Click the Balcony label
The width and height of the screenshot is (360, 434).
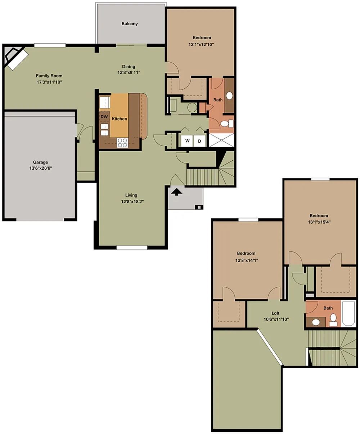pyautogui.click(x=130, y=24)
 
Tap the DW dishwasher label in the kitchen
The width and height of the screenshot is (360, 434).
pyautogui.click(x=104, y=117)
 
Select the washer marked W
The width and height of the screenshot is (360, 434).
pyautogui.click(x=187, y=141)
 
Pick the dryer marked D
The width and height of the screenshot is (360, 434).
pyautogui.click(x=200, y=141)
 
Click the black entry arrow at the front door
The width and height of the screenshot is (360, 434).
pyautogui.click(x=176, y=192)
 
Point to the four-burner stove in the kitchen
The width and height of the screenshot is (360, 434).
pyautogui.click(x=122, y=143)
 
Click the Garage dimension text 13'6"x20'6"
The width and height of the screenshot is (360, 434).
pyautogui.click(x=41, y=168)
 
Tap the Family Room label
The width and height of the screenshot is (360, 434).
pyautogui.click(x=49, y=76)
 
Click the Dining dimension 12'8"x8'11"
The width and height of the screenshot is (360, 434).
pyautogui.click(x=129, y=72)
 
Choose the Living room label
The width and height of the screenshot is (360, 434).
pyautogui.click(x=131, y=195)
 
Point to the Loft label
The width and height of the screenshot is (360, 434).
pyautogui.click(x=275, y=313)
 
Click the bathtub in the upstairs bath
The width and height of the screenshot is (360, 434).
pyautogui.click(x=348, y=313)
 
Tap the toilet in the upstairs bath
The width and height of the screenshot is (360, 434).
pyautogui.click(x=333, y=320)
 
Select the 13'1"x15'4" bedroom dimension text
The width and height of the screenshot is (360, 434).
pyautogui.click(x=319, y=222)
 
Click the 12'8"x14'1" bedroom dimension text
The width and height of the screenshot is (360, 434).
pyautogui.click(x=247, y=260)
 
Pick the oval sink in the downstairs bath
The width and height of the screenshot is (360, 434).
pyautogui.click(x=229, y=95)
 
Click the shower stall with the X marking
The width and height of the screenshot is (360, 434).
pyautogui.click(x=221, y=140)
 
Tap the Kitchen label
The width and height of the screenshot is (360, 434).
pyautogui.click(x=119, y=119)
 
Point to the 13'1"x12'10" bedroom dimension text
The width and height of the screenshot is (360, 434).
pyautogui.click(x=201, y=44)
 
